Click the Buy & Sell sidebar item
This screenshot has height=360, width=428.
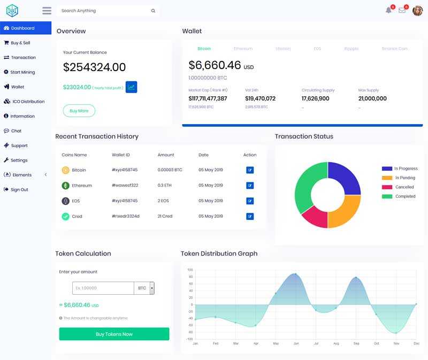[20, 43]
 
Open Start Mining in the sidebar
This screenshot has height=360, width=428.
[22, 72]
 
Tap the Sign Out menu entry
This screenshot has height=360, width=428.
[19, 189]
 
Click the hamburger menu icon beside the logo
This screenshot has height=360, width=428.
[47, 11]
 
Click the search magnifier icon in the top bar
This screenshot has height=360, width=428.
[153, 11]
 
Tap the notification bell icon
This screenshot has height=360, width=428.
[388, 10]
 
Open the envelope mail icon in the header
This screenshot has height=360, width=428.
[402, 10]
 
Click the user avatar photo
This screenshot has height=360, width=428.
[417, 11]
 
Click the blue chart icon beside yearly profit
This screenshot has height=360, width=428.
[132, 87]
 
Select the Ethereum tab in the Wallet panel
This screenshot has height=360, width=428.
[243, 49]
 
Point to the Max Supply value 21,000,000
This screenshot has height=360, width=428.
[372, 98]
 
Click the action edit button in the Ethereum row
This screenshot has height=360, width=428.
[250, 186]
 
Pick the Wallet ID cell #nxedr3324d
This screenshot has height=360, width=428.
[126, 216]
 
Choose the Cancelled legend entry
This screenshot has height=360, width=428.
[404, 187]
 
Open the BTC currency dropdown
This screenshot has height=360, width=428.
[152, 288]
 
